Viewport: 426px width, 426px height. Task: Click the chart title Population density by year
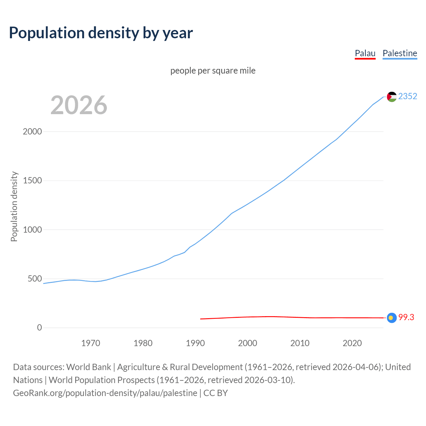101,33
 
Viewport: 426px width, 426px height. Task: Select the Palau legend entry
365,53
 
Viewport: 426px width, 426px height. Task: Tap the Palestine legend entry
400,53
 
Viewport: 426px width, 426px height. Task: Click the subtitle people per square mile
213,71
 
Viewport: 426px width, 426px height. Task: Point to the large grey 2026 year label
79,105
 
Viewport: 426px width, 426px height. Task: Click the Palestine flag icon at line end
392,97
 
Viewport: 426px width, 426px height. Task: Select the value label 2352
407,96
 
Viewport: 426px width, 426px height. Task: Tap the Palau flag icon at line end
392,318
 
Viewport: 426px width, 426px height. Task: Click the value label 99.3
406,318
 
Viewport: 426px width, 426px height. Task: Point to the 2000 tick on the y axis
32,131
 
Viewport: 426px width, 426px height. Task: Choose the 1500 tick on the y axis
32,180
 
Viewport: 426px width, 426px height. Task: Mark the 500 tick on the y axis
35,279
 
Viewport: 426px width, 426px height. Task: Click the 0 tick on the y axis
40,327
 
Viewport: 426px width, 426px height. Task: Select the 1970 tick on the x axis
91,343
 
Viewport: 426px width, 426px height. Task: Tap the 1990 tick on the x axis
195,343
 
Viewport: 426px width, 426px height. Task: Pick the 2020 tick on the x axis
352,343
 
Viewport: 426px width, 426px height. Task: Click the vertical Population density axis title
14,206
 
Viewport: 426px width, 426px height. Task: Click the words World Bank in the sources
89,367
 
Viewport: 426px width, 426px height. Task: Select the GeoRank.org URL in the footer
105,393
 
